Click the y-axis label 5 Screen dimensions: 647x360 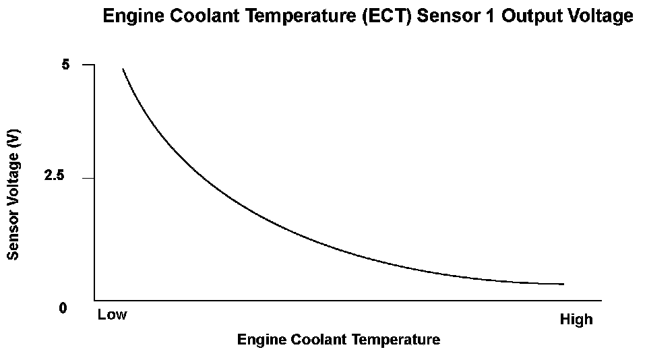pos(65,65)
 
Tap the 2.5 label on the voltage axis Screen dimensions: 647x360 pos(54,175)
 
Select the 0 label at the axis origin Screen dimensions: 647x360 pos(63,308)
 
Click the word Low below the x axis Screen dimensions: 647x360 pos(113,315)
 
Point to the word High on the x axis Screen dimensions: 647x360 pos(576,320)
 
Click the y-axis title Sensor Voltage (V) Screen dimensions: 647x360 pos(13,194)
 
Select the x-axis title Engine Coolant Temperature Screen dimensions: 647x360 pos(338,339)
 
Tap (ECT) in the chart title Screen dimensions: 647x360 pos(387,16)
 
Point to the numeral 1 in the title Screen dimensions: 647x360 pos(490,16)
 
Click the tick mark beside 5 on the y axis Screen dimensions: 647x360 pos(88,65)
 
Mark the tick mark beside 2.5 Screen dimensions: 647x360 pos(88,179)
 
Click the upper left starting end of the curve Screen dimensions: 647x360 pos(123,69)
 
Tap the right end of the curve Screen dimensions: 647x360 pos(563,284)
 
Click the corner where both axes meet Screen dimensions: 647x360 pos(94,300)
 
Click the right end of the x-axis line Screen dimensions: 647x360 pos(601,300)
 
